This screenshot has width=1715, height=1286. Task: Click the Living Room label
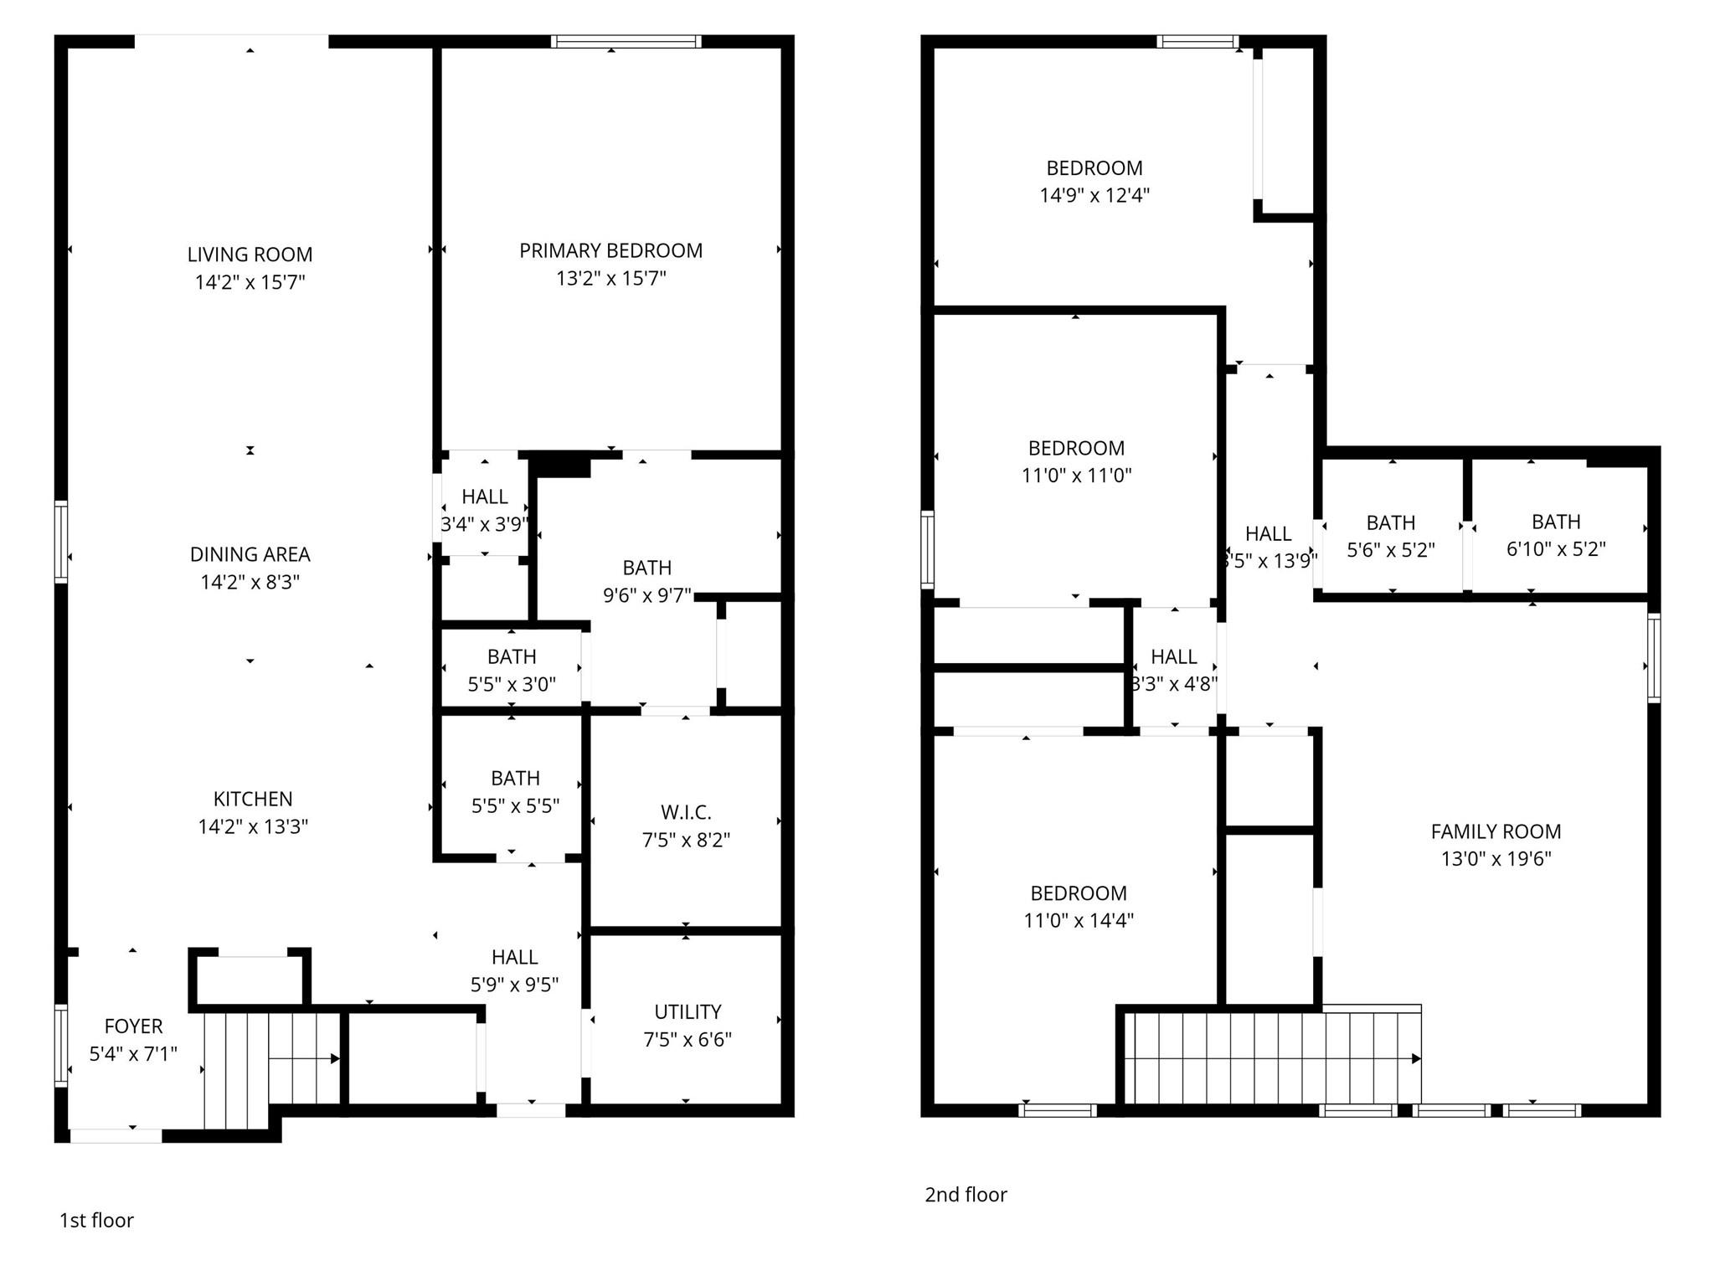tap(250, 255)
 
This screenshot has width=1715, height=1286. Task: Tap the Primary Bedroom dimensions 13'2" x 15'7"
tap(611, 278)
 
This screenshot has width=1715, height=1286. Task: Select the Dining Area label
tap(250, 554)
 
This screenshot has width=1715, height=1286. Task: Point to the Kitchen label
tap(253, 799)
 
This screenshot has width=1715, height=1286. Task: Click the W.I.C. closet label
tap(686, 812)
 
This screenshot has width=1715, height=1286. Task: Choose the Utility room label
tap(688, 1011)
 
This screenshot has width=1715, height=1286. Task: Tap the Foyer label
tap(133, 1026)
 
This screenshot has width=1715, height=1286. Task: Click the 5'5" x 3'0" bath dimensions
tap(512, 684)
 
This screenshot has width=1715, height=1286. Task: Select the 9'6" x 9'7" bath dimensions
tap(647, 595)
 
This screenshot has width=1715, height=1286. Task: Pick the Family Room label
tap(1496, 831)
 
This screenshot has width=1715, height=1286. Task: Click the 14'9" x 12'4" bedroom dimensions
tap(1094, 195)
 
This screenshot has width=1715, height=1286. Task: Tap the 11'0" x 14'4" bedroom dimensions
tap(1079, 920)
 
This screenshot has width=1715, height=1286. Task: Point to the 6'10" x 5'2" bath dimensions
tap(1556, 549)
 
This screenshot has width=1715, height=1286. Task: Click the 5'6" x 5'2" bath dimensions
tap(1391, 550)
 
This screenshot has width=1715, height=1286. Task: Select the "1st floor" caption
tap(96, 1220)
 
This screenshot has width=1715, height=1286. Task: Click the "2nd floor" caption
tap(966, 1195)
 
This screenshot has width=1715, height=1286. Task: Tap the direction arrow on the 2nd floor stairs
tap(1272, 1059)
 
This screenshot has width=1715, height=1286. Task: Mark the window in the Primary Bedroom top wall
tap(626, 41)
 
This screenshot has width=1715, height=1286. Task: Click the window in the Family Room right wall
tap(1654, 658)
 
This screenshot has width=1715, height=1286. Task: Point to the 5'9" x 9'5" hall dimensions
tap(514, 985)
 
